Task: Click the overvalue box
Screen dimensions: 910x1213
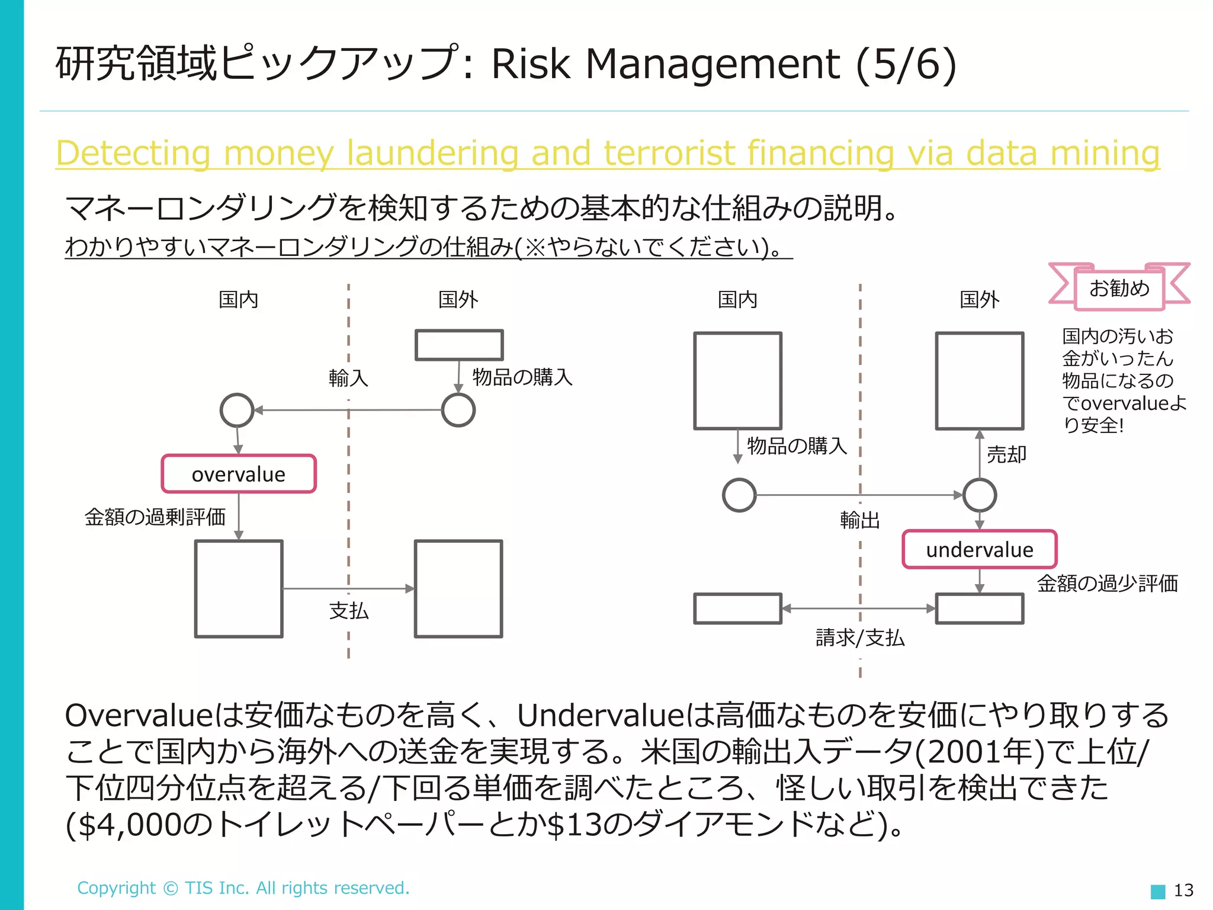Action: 239,474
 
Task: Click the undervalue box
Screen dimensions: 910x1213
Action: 979,549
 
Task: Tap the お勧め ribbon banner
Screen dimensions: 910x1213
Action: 1119,288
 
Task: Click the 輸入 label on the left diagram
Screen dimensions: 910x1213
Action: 348,377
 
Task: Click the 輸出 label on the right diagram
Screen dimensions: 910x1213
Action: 859,520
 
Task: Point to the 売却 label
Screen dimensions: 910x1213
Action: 1006,454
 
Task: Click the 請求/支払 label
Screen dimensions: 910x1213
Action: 859,637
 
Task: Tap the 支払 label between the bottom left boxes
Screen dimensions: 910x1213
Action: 348,610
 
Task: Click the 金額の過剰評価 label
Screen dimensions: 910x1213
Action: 155,517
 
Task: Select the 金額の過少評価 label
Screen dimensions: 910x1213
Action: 1106,583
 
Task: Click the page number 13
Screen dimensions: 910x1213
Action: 1183,890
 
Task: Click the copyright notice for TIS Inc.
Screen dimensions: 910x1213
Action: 243,887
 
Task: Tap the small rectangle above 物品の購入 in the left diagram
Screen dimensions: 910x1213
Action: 459,345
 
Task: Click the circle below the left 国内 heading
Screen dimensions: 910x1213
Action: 237,410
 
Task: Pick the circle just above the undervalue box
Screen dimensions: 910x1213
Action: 979,495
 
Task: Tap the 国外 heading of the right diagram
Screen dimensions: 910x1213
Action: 979,299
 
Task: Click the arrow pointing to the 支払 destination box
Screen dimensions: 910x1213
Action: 409,588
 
